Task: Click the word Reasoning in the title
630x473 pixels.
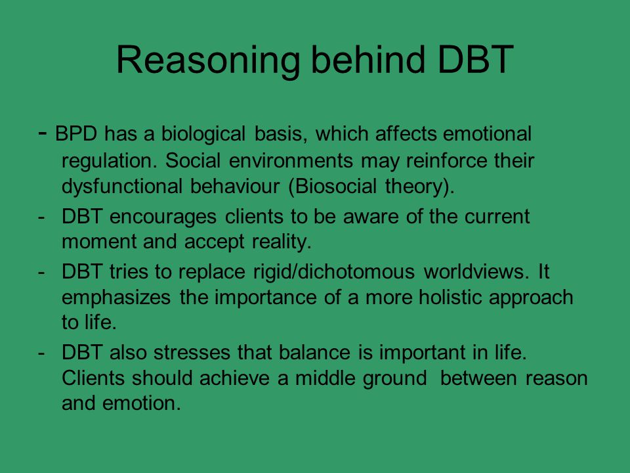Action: click(208, 60)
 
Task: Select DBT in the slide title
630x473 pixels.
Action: click(476, 60)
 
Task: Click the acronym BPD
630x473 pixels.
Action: click(76, 133)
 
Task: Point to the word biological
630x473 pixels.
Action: click(203, 134)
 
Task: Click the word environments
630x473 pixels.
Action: click(291, 160)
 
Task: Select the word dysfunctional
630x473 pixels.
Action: click(122, 186)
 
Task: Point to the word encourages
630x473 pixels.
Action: click(163, 217)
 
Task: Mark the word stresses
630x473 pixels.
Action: click(192, 353)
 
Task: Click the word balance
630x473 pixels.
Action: click(314, 353)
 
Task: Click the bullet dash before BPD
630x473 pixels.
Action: click(42, 132)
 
